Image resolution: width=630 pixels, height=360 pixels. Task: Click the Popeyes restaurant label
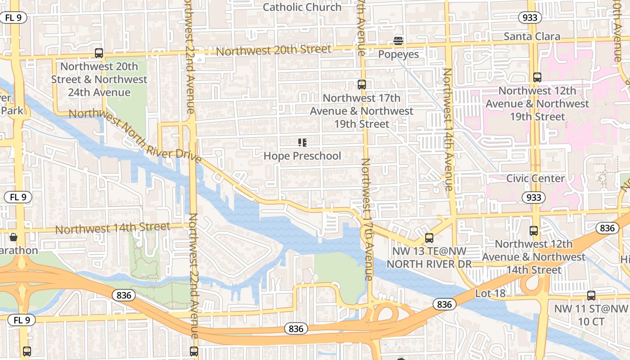point(398,54)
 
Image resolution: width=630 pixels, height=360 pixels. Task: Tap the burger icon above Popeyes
point(398,41)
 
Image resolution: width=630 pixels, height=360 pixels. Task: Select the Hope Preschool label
point(302,156)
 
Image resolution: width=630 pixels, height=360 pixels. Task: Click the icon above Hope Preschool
point(302,143)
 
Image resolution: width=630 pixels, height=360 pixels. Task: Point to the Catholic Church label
point(302,7)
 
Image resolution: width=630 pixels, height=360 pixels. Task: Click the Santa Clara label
point(532,36)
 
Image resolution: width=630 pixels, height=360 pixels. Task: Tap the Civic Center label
point(535,179)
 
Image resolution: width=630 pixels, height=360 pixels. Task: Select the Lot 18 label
point(490,293)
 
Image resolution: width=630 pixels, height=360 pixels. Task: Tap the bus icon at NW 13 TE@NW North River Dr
point(429,238)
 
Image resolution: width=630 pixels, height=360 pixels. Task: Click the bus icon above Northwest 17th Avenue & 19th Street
point(362,85)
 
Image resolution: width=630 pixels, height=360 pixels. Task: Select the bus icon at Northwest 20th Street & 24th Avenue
point(99,53)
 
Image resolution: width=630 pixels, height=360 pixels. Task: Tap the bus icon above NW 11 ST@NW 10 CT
point(591,296)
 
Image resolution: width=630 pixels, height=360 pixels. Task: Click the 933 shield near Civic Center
point(534,198)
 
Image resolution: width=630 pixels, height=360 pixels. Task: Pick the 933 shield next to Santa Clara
point(530,18)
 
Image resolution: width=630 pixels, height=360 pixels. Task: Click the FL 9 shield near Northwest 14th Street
point(18,197)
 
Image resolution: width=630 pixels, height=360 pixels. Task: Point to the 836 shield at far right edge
point(607,228)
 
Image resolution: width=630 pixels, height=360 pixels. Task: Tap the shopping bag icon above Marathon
point(13,237)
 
